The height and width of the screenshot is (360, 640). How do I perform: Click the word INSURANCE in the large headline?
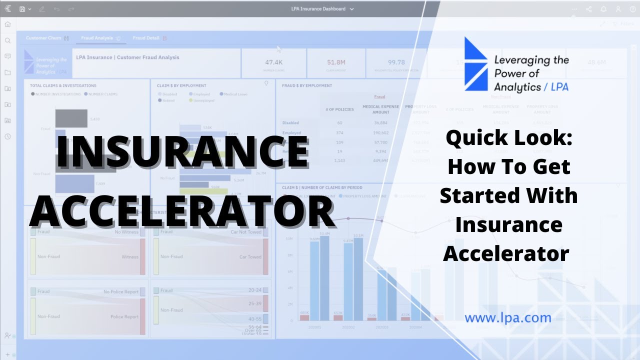click(x=182, y=151)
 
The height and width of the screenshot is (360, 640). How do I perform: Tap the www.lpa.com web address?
click(x=507, y=317)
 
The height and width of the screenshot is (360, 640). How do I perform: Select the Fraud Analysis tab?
click(x=97, y=38)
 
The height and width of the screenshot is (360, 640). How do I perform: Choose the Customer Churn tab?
click(x=43, y=38)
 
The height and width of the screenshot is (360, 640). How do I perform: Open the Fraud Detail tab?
click(x=146, y=38)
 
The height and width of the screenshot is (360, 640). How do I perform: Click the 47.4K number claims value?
click(x=274, y=62)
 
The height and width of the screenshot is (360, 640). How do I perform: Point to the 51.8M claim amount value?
click(x=336, y=62)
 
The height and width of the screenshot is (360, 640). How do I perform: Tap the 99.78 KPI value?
click(x=396, y=62)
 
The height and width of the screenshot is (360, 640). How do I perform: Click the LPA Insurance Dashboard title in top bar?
click(x=319, y=9)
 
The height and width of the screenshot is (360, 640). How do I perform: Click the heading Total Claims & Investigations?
click(x=63, y=85)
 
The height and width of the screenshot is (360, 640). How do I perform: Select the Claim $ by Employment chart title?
click(x=181, y=85)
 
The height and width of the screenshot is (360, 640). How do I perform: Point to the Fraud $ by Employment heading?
click(x=306, y=85)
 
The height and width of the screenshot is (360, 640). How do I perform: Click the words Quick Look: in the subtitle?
click(x=509, y=138)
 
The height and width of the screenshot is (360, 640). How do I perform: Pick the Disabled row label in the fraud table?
click(x=290, y=122)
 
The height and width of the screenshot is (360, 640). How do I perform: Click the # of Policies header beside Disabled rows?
click(x=339, y=109)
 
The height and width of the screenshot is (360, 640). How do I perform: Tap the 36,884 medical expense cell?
click(x=380, y=122)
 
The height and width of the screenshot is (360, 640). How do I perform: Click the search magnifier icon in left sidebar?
click(x=7, y=40)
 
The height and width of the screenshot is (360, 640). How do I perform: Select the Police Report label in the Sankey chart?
click(x=124, y=316)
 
